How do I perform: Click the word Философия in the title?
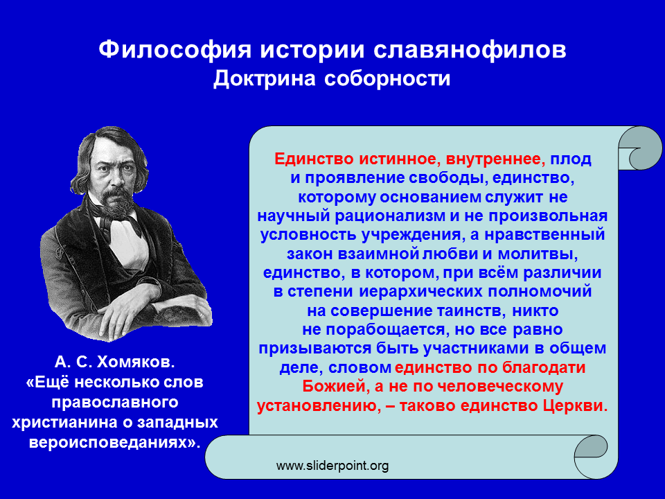point(175,50)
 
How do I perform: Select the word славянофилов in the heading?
point(470,50)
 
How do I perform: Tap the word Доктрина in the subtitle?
point(265,78)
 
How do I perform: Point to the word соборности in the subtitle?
point(387,78)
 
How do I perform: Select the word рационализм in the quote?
point(390,216)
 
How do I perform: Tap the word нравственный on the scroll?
point(544,235)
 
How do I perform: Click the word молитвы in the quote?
point(538,254)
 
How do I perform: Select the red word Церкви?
point(576,405)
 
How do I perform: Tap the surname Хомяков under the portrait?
point(136,362)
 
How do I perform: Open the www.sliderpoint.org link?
point(332,466)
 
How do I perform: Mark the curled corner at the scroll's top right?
point(639,148)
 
